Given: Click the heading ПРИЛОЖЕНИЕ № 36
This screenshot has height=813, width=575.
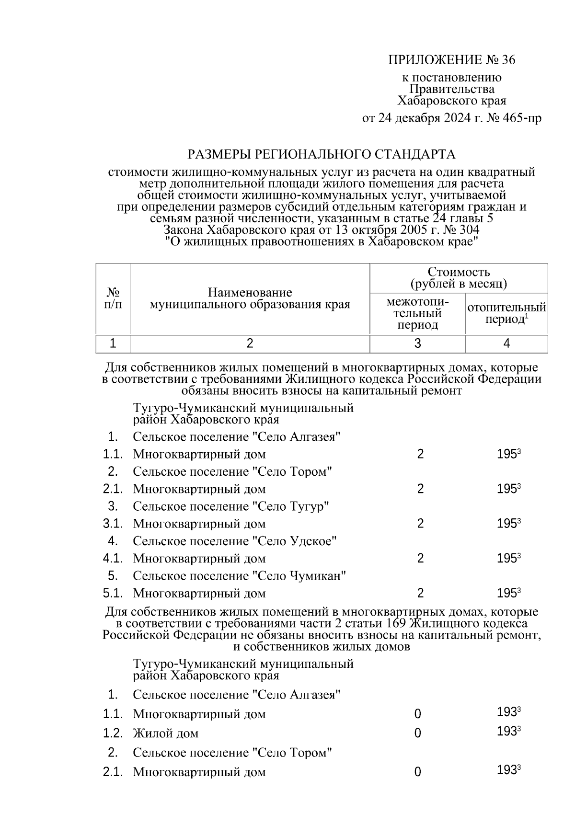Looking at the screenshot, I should click(x=451, y=60).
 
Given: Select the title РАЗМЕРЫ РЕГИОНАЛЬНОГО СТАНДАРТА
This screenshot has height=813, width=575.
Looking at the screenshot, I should click(x=321, y=154).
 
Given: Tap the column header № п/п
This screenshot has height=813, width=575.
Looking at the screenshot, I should click(x=113, y=298).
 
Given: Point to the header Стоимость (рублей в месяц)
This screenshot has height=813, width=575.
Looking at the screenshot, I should click(x=459, y=278).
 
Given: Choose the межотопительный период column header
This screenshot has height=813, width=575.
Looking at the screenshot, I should click(x=417, y=314).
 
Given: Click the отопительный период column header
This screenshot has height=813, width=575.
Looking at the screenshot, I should click(x=506, y=314).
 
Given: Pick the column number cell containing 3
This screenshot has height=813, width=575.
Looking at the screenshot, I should click(x=417, y=344).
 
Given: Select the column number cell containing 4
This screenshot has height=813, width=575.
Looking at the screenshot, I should click(x=506, y=344).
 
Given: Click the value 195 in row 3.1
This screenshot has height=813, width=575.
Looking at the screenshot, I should click(x=506, y=524).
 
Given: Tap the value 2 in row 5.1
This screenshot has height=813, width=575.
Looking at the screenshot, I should click(x=420, y=594).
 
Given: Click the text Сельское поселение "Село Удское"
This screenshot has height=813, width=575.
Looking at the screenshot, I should click(x=235, y=541).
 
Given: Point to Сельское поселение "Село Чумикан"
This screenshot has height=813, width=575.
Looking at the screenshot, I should click(x=240, y=576).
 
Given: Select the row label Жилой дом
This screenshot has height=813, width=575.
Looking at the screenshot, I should click(x=166, y=733).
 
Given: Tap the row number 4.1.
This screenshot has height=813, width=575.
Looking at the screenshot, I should click(x=113, y=559).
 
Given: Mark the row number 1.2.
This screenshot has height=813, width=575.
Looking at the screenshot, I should click(x=113, y=733).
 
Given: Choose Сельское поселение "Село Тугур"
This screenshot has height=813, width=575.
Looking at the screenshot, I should click(x=231, y=506).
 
